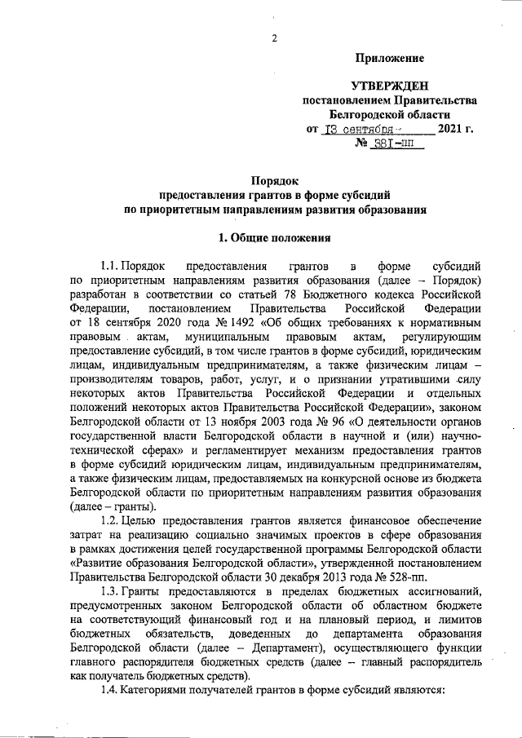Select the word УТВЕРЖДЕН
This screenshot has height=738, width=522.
(x=388, y=86)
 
